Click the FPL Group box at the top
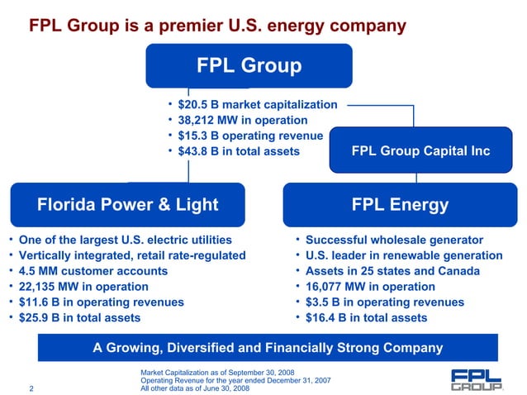coord(249,65)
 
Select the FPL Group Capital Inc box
coord(420,151)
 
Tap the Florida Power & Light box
coord(127,204)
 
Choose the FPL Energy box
coord(400,204)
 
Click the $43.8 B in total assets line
coord(239,152)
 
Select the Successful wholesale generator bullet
coord(394,240)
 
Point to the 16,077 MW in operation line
coord(370,287)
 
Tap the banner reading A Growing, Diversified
coord(268,348)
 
